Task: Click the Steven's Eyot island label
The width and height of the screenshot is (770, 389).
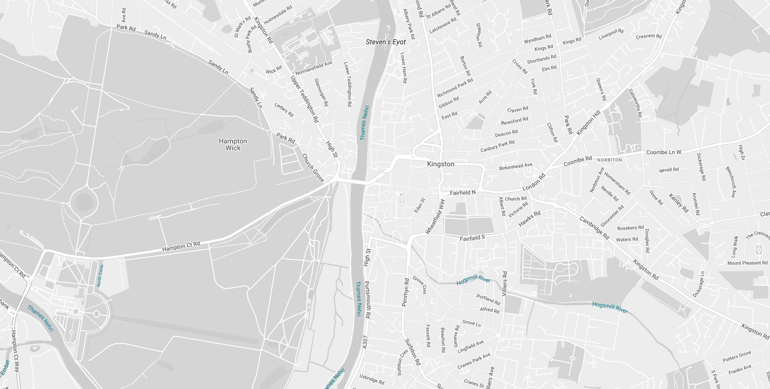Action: point(386,42)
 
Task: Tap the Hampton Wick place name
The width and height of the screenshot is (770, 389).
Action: point(233,144)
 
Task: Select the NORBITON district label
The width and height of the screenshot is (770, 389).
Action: point(610,160)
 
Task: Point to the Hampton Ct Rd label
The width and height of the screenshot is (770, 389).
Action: point(181,247)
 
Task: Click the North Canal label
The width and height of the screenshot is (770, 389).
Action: point(100,276)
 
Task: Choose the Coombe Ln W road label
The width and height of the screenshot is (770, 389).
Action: point(663,152)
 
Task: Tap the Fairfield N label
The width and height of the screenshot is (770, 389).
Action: point(462,193)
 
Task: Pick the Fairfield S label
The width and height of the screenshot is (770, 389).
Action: point(472,238)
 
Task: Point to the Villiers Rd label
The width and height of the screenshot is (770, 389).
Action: point(505,283)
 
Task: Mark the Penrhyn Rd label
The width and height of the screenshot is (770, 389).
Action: point(405,292)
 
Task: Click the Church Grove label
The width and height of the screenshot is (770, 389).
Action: point(313,168)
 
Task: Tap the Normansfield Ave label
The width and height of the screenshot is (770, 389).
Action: point(314,68)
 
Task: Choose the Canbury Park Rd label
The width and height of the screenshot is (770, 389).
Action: point(497,146)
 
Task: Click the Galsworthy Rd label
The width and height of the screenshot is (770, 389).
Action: point(635,103)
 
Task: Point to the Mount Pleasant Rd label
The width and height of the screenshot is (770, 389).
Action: point(747,263)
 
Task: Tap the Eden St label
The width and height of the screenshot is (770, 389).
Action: point(419,205)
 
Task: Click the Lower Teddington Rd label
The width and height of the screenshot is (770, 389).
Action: point(347,84)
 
